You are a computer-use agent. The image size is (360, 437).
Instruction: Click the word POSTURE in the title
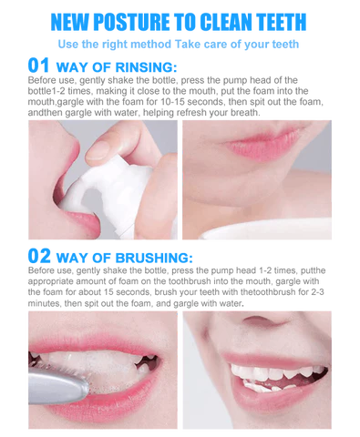click(x=131, y=22)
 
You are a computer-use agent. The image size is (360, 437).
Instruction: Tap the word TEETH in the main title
click(x=281, y=22)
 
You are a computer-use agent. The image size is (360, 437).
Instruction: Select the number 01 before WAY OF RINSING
click(x=38, y=66)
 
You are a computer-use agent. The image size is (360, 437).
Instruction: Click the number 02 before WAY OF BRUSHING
click(x=39, y=256)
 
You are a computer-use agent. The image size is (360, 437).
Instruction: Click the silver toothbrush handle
click(x=57, y=385)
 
